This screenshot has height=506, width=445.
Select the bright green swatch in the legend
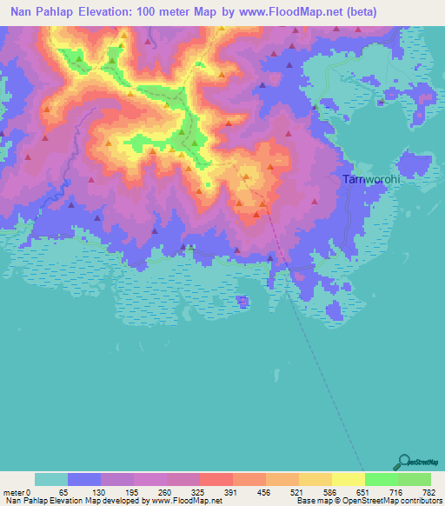[x=381, y=479]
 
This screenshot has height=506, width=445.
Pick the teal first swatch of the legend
[x=51, y=479]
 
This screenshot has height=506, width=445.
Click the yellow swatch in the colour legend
[x=348, y=479]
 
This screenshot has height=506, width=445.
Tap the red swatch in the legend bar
[x=216, y=479]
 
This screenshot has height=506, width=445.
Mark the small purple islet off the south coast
[x=242, y=301]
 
